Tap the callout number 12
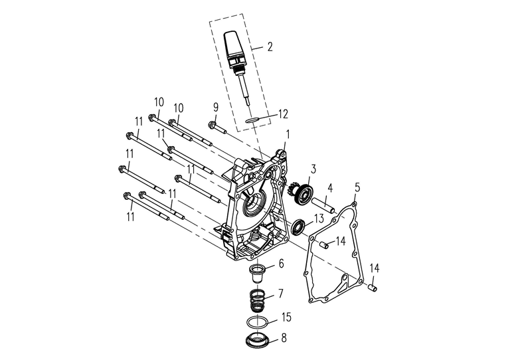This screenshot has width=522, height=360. click(x=282, y=114)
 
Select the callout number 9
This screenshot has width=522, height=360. click(x=216, y=107)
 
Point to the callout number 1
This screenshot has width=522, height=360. click(x=287, y=134)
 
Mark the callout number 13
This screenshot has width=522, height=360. click(x=319, y=218)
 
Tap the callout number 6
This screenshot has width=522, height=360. click(x=281, y=264)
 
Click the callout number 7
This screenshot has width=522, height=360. click(x=281, y=293)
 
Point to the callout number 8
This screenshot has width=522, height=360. click(x=284, y=338)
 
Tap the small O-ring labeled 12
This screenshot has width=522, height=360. click(x=251, y=121)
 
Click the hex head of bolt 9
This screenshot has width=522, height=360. click(x=212, y=124)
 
